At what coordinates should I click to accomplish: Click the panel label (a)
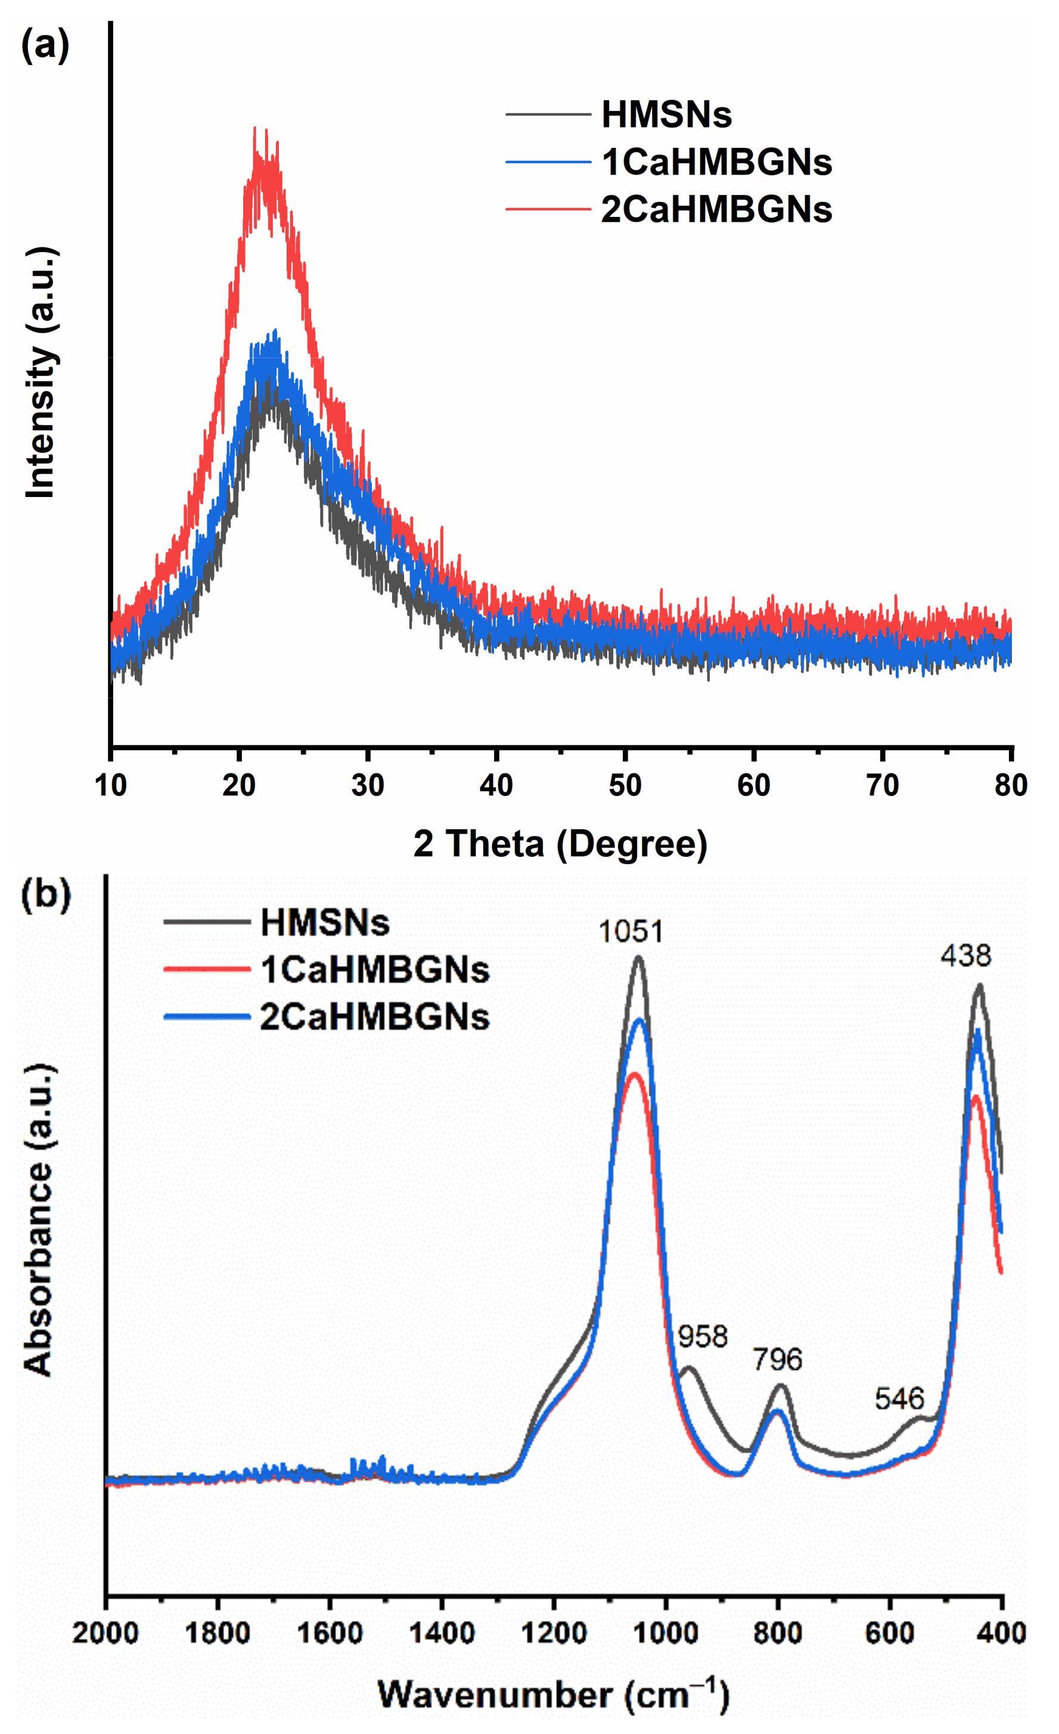[45, 46]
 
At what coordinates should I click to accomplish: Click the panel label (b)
[46, 895]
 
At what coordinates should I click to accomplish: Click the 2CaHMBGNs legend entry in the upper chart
[716, 209]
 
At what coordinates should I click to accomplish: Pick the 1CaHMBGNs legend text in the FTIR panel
[374, 969]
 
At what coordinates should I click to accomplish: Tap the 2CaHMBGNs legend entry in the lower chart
[374, 1017]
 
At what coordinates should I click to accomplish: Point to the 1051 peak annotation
[631, 932]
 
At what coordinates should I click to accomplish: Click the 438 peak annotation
[965, 956]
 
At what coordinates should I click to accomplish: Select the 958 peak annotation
[702, 1337]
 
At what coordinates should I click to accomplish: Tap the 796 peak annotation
[777, 1360]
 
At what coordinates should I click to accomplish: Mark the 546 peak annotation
[899, 1399]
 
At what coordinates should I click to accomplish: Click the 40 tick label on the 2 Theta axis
[496, 785]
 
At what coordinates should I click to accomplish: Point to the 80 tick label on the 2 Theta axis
[1011, 785]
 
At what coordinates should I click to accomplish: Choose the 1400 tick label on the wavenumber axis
[441, 1632]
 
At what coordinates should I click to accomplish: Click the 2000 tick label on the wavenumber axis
[105, 1632]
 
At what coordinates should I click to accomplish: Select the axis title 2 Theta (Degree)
[560, 844]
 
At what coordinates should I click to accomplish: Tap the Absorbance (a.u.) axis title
[39, 1220]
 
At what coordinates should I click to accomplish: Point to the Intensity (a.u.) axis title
[40, 373]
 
